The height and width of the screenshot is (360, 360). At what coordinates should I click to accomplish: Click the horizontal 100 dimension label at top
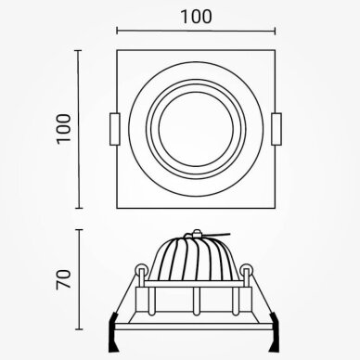coord(196,17)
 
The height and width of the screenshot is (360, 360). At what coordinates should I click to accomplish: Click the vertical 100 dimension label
coord(64,128)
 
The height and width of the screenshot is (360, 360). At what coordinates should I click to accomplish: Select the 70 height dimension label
coord(64,279)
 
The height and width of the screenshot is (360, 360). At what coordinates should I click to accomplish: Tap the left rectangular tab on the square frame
coord(115,129)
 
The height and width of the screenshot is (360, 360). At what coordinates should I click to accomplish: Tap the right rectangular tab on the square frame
coord(276,129)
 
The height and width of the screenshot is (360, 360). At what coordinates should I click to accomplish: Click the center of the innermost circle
coord(196,129)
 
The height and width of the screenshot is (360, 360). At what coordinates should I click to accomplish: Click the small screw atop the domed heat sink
coord(196,232)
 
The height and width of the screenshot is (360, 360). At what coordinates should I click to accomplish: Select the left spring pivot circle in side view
coord(141,270)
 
